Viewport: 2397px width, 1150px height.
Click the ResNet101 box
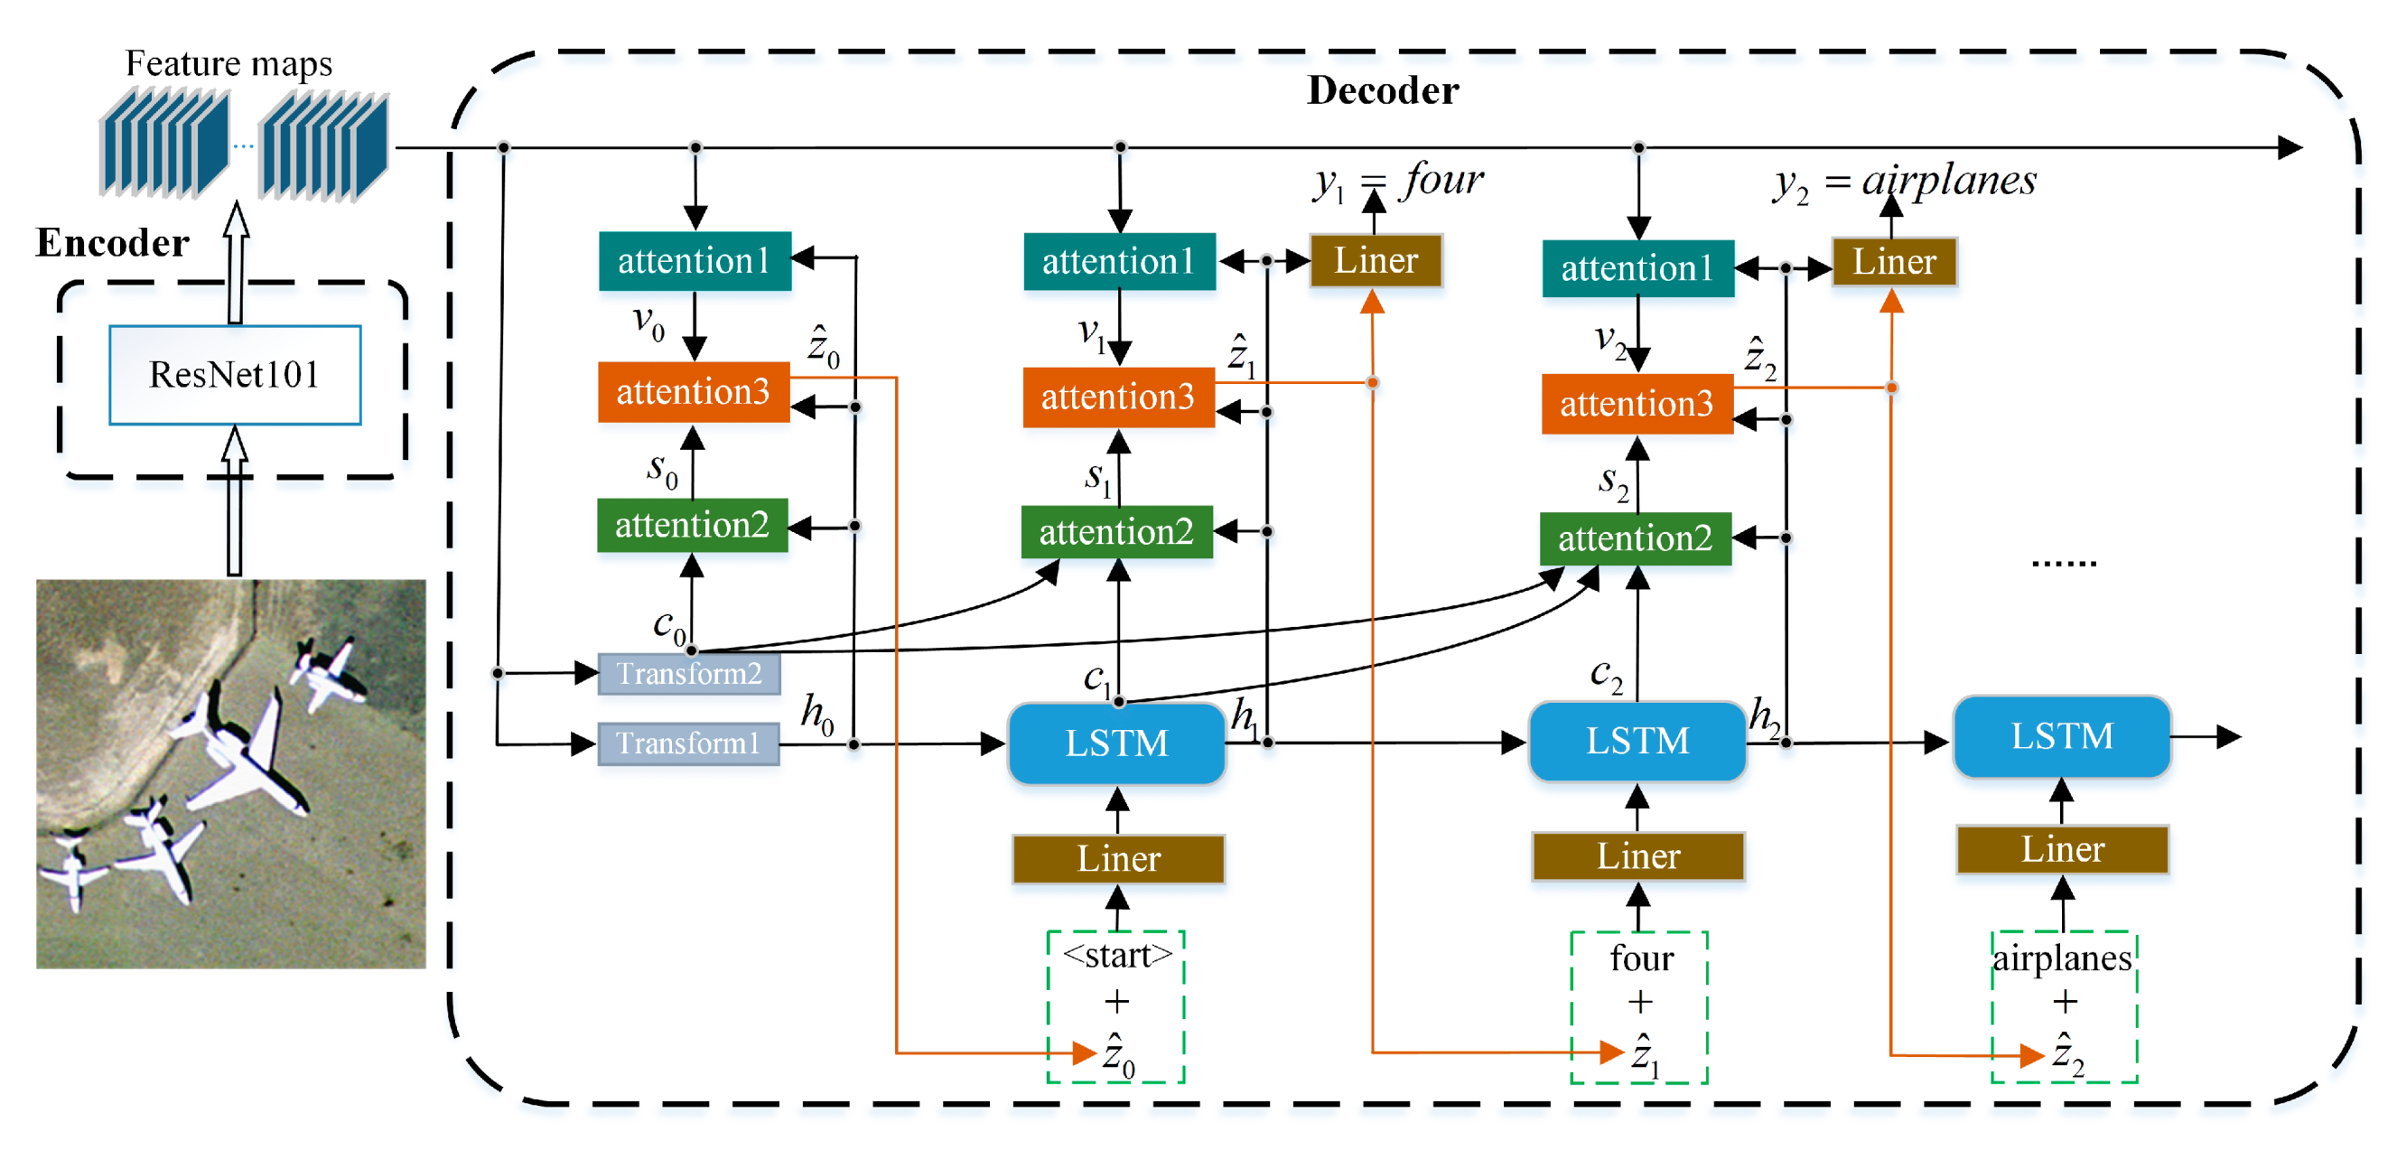[235, 375]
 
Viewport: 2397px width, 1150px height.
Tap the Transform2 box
[688, 673]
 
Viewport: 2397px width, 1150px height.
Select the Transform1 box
[687, 743]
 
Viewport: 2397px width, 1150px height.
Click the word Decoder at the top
[1382, 91]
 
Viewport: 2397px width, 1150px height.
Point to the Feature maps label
[228, 63]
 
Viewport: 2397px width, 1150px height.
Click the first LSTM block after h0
[1115, 743]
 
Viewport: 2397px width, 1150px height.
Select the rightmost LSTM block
[2061, 736]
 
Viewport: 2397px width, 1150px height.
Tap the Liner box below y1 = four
[1376, 260]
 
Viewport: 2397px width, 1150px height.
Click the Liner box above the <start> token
[1117, 858]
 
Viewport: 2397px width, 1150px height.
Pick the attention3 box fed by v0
[694, 392]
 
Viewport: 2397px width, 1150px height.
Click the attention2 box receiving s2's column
[1635, 538]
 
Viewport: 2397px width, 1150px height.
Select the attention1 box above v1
[1118, 261]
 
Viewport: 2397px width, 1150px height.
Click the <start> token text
[1116, 956]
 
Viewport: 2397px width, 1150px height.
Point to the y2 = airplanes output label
[1905, 182]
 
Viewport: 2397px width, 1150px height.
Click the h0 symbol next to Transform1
[817, 715]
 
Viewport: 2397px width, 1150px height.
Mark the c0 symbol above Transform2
[668, 626]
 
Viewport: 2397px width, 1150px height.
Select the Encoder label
[112, 243]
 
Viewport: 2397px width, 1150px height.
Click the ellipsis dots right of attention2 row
[2063, 563]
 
